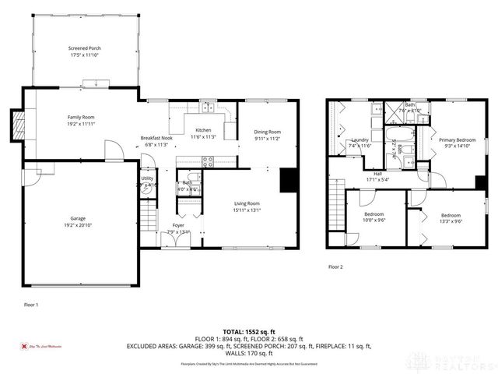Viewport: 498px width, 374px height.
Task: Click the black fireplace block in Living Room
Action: pos(289,180)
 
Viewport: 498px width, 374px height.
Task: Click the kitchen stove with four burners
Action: pos(208,162)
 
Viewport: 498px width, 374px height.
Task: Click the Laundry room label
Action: pos(359,143)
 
